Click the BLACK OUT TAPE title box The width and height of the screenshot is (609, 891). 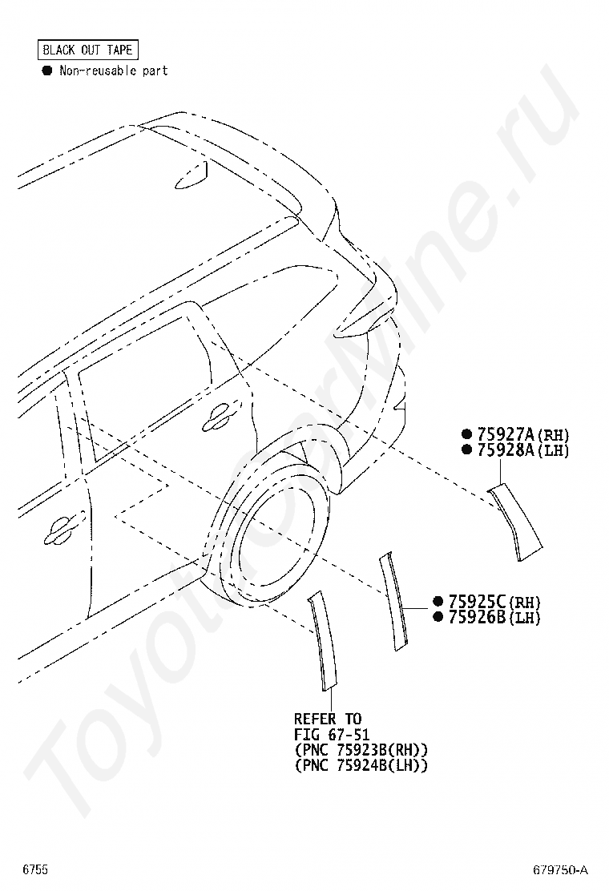pos(88,50)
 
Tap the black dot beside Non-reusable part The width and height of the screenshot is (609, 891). pos(46,71)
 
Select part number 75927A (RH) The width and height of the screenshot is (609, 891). pos(522,434)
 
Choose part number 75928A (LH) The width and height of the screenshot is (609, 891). pos(522,450)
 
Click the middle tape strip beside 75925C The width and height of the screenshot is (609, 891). pos(394,600)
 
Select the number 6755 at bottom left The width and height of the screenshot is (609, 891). pos(35,869)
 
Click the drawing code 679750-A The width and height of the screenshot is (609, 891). pos(561,869)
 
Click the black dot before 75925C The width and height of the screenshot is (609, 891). pos(438,602)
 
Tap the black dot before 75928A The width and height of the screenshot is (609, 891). pos(466,450)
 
